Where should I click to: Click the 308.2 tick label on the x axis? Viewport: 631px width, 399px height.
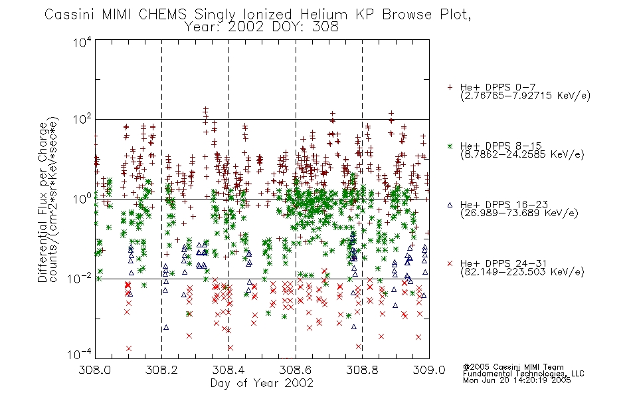(x=161, y=370)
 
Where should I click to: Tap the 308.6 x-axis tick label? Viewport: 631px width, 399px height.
(x=296, y=370)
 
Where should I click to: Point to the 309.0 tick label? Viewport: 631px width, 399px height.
(x=429, y=370)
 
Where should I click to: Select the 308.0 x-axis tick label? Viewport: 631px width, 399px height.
(x=94, y=370)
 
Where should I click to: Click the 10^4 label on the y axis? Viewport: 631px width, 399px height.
(x=82, y=42)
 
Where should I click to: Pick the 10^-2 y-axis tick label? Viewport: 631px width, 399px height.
(x=80, y=278)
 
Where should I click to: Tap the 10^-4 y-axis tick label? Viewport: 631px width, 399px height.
(x=80, y=354)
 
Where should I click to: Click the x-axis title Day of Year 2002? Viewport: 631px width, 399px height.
(x=262, y=383)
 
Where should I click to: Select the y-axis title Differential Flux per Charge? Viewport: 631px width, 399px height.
(x=43, y=203)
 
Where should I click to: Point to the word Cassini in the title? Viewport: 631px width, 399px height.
(x=69, y=15)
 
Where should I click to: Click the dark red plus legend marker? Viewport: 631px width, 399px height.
(x=450, y=87)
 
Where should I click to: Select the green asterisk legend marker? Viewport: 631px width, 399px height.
(x=450, y=146)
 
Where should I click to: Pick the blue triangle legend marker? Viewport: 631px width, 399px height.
(x=450, y=205)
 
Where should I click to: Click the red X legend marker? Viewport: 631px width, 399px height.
(x=450, y=263)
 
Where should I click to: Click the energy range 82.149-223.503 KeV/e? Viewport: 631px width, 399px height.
(x=522, y=272)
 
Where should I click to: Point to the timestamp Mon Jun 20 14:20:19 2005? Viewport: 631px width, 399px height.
(x=517, y=380)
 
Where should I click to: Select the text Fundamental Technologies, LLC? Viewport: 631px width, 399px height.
(x=523, y=374)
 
